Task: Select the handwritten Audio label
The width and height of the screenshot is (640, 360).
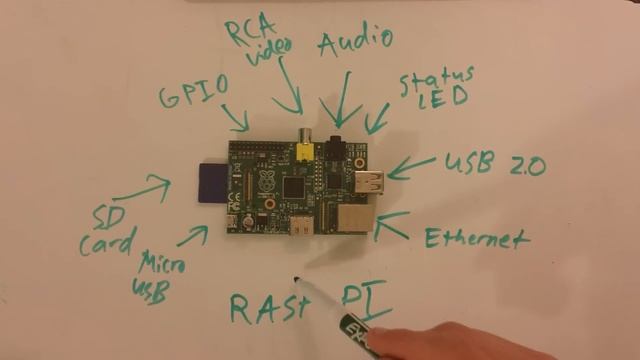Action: coord(354,44)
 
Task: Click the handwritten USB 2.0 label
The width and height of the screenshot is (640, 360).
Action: coord(495,164)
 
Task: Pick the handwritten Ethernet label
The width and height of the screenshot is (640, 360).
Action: coord(475,238)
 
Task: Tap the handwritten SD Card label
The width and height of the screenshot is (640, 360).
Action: coord(104,229)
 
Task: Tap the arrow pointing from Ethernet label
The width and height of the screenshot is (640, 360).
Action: coord(392,225)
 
